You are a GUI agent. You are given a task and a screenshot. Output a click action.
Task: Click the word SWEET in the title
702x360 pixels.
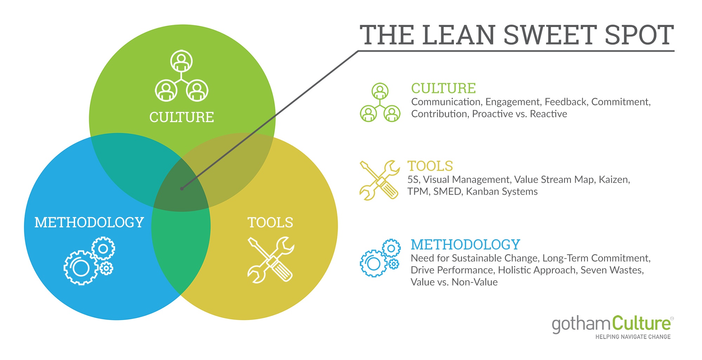tap(550, 35)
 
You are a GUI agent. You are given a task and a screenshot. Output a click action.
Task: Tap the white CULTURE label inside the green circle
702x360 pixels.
tap(181, 117)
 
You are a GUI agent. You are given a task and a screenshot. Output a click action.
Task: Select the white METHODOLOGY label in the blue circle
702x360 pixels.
tap(89, 222)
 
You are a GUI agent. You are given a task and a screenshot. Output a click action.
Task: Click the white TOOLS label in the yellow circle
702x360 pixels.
tap(270, 222)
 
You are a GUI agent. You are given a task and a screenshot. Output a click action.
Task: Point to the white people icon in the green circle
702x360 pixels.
tap(181, 76)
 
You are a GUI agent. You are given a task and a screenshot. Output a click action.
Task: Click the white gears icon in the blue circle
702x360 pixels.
tap(89, 260)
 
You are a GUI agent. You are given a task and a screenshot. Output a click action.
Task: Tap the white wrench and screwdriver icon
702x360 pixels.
tap(271, 260)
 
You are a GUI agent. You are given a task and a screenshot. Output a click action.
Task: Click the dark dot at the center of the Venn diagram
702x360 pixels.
tap(181, 188)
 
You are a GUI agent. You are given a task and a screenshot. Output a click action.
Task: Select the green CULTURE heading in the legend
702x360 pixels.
tap(444, 88)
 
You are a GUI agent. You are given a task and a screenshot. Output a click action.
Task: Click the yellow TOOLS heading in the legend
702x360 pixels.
tap(430, 166)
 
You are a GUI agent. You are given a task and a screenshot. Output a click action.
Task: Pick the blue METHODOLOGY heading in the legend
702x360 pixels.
tap(465, 245)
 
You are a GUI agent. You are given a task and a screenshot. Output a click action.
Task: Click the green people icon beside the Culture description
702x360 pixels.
tap(380, 102)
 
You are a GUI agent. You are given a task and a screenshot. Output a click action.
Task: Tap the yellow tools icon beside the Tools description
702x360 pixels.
tap(379, 180)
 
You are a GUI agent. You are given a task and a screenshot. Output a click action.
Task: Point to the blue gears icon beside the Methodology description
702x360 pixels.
tap(380, 258)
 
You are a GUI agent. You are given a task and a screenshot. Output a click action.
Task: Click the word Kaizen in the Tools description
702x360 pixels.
tap(614, 180)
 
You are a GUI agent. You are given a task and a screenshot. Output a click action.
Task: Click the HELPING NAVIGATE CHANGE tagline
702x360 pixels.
tap(633, 337)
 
